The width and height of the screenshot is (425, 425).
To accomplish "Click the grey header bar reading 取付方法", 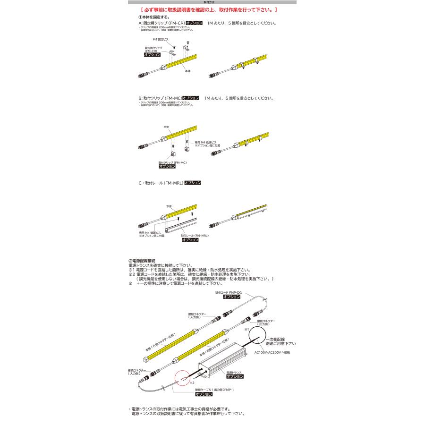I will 212,2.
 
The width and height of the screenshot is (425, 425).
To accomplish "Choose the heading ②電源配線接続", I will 142,261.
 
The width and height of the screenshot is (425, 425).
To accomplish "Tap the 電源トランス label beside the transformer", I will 234,373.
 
